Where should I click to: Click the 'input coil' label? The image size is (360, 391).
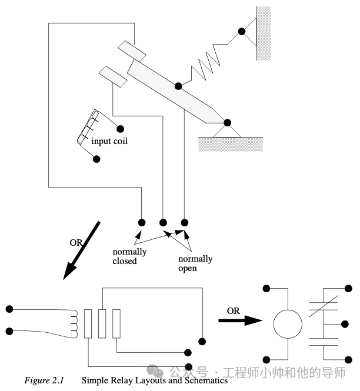coord(109,141)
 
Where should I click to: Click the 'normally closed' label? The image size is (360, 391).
coord(129,256)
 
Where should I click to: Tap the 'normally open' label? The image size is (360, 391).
coord(196,263)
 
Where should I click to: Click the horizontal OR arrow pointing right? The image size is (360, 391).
coord(239,320)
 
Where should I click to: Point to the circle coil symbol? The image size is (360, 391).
coord(288,323)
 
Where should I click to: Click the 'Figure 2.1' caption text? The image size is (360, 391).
coord(45,380)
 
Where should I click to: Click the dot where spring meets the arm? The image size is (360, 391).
coord(178,86)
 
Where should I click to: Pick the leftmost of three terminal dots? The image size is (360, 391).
coord(141,222)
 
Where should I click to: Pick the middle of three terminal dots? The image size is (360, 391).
coord(163,222)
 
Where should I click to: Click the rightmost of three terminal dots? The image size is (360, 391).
coord(185,222)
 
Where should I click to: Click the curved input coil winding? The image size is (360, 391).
coord(87,128)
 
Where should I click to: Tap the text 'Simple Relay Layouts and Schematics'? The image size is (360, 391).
coord(154,380)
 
